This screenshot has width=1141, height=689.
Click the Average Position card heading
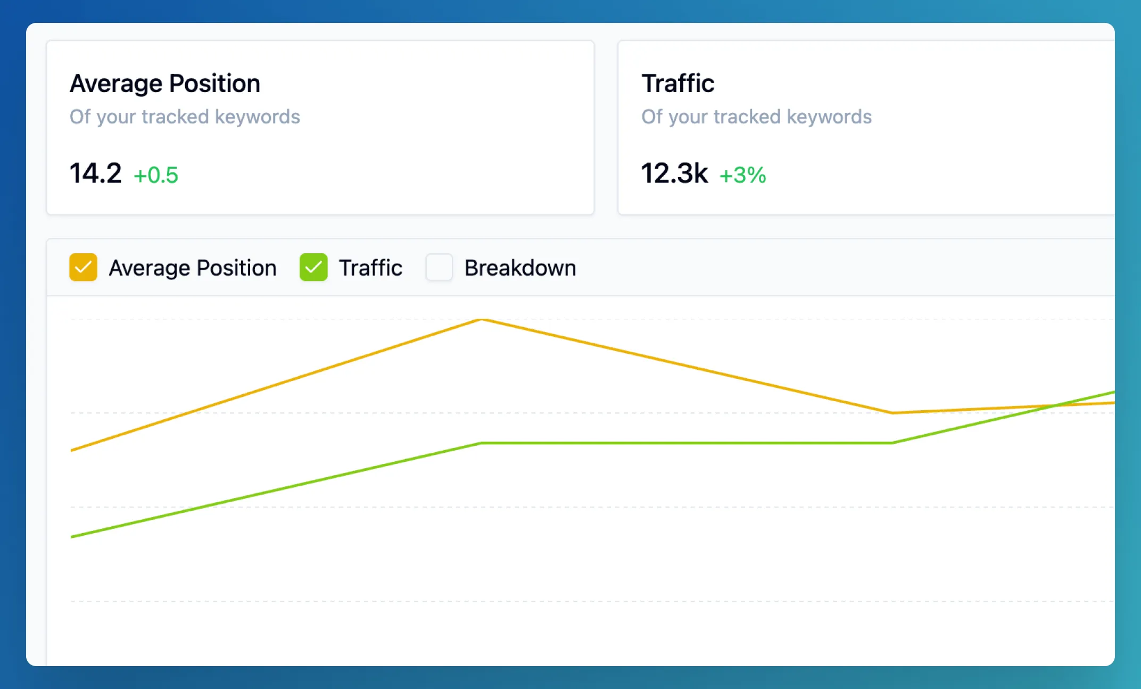(165, 84)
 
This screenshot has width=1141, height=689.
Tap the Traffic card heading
(677, 84)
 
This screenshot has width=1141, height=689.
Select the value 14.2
(96, 173)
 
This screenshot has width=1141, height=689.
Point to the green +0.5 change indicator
(156, 175)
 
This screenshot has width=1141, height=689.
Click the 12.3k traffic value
(674, 173)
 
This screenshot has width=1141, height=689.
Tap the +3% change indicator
(742, 175)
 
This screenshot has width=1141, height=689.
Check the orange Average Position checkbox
(83, 267)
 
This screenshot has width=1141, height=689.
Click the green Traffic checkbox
(313, 267)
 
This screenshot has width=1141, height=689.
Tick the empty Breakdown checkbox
(439, 267)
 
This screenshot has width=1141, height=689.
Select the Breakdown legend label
(520, 268)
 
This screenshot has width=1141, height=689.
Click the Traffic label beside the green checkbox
(370, 268)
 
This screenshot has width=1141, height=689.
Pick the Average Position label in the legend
(193, 268)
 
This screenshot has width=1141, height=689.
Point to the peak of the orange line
(482, 319)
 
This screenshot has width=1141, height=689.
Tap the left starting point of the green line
(72, 536)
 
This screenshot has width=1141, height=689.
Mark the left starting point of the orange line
(72, 450)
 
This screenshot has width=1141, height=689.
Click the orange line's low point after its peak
(893, 412)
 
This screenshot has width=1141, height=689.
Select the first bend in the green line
(482, 443)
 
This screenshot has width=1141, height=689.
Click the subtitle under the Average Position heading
(185, 117)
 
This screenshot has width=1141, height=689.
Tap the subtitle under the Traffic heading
(756, 117)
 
